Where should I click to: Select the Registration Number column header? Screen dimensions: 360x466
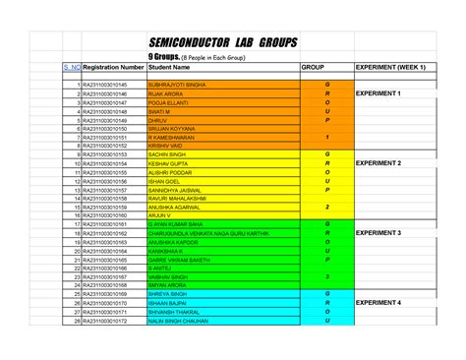(x=114, y=67)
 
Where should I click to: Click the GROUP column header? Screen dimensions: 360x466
(x=313, y=67)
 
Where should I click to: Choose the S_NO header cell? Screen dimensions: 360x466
(x=72, y=67)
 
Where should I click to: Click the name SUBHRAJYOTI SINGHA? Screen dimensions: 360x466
(x=178, y=86)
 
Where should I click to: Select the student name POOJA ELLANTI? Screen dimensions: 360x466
(x=169, y=102)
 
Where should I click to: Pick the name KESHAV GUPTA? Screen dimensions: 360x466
(x=168, y=163)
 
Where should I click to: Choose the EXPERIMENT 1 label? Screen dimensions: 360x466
(x=378, y=93)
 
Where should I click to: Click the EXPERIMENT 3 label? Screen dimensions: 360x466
(x=378, y=233)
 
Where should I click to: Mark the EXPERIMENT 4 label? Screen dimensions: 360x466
(x=378, y=303)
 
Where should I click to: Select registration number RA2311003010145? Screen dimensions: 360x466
(x=105, y=86)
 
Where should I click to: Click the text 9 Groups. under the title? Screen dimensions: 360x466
(x=163, y=58)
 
